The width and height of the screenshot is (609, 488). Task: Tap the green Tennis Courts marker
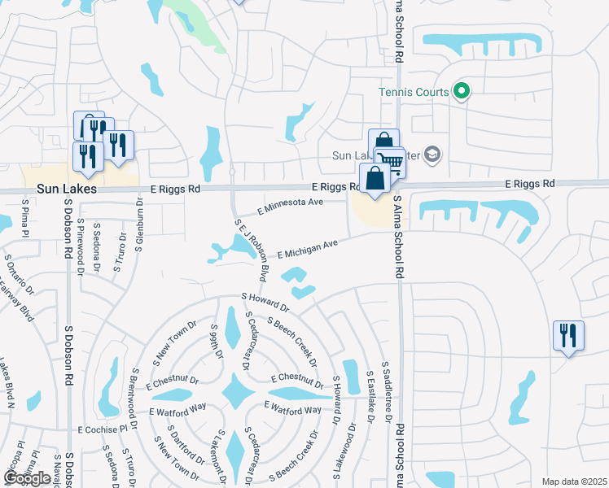point(462,91)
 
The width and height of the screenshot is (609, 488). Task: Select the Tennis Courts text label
point(414,92)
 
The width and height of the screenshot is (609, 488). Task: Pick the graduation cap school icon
point(433,155)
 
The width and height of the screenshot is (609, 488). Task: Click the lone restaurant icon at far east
point(567,335)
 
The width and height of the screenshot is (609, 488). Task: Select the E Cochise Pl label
point(103,428)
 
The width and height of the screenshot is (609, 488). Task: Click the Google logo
point(27,478)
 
